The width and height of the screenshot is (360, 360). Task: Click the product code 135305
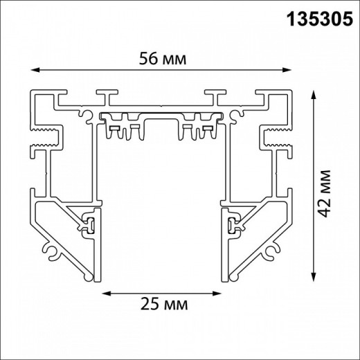[321, 17]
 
